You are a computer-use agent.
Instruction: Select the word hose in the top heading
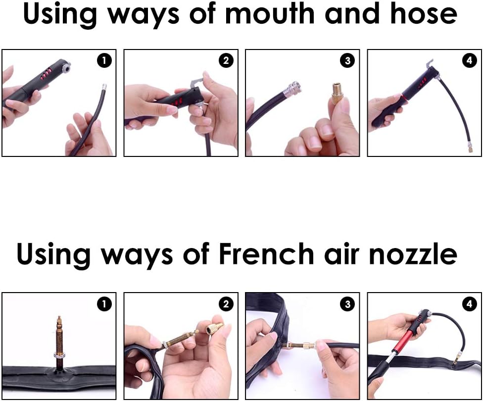pos(424,14)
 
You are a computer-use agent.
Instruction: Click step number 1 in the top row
pos(104,60)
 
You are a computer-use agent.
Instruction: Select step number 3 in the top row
pos(347,60)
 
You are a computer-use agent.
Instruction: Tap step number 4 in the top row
pos(469,60)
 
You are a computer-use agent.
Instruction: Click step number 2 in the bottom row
pos(226,304)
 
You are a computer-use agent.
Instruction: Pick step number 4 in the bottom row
pos(469,304)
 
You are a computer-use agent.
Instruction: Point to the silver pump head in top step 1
pos(65,67)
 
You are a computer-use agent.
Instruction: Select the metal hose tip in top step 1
pos(104,87)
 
